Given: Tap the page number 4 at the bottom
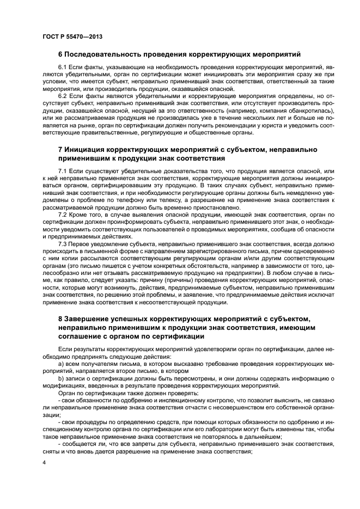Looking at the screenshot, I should pyautogui.click(x=44, y=462).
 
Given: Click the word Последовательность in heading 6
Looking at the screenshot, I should pyautogui.click(x=105, y=54).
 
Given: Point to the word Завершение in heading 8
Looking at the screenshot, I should pyautogui.click(x=88, y=317).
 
